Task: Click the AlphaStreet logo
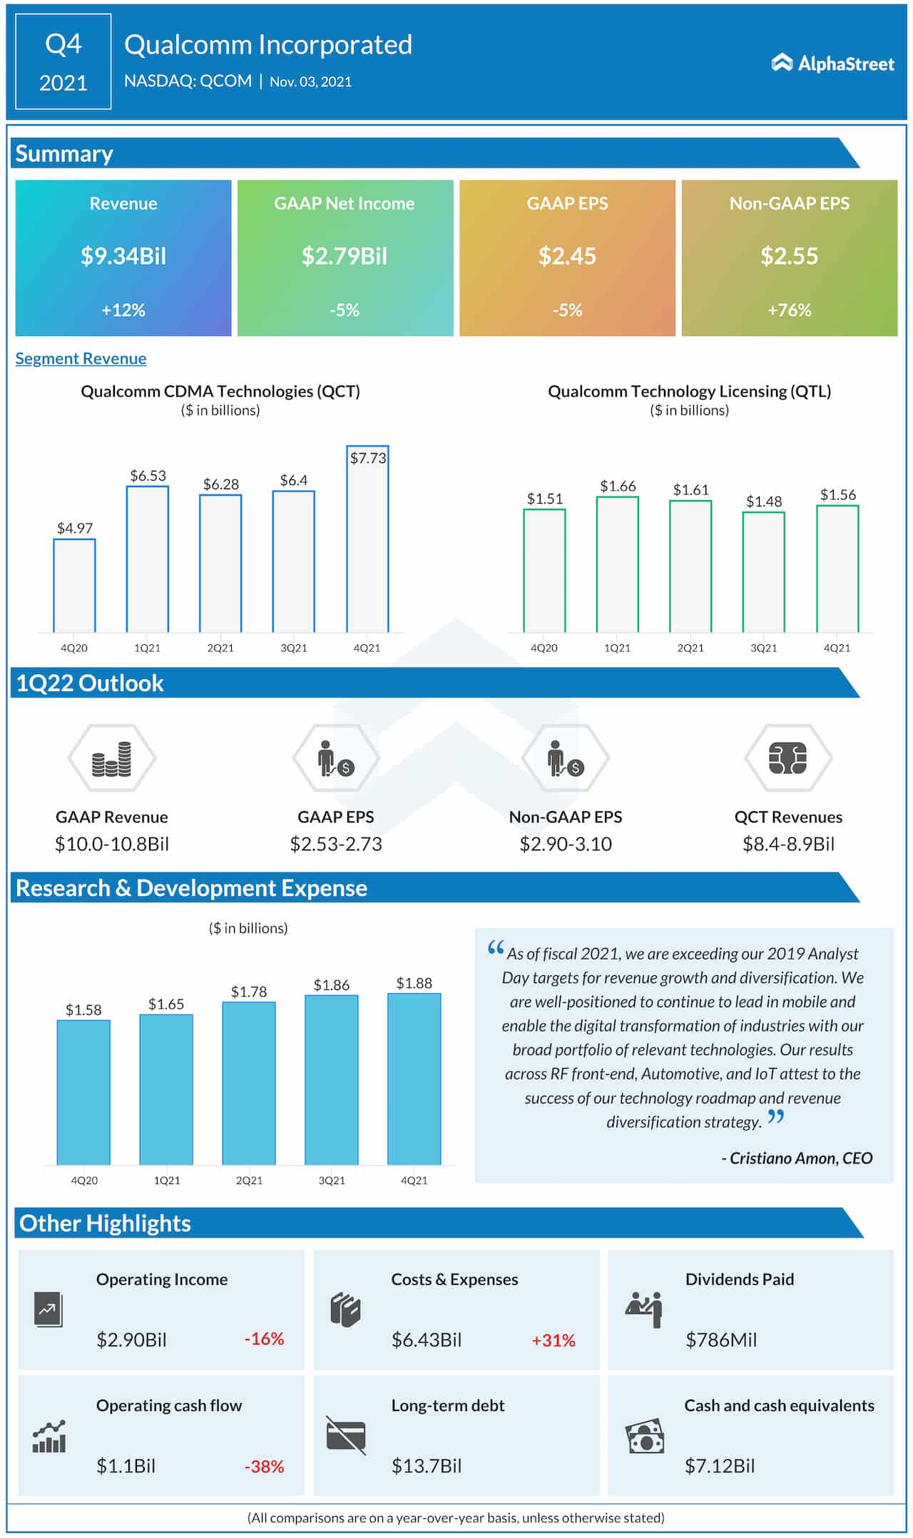tap(832, 63)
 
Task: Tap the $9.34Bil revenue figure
tap(123, 255)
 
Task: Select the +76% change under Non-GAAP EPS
tap(789, 310)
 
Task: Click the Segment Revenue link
tap(81, 358)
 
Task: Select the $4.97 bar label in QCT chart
tap(75, 528)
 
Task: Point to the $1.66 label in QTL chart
tap(617, 486)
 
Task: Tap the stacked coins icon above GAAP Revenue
tap(112, 758)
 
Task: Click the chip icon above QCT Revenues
tap(787, 758)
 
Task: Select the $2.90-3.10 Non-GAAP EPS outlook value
tap(565, 844)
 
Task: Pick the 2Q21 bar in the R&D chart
tap(249, 1083)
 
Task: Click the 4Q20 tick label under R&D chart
tap(84, 1181)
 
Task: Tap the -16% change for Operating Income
tap(264, 1339)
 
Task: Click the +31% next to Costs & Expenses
tap(554, 1340)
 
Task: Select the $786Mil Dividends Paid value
tap(720, 1340)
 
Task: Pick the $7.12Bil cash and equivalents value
tap(719, 1466)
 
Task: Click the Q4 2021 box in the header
tap(63, 62)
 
